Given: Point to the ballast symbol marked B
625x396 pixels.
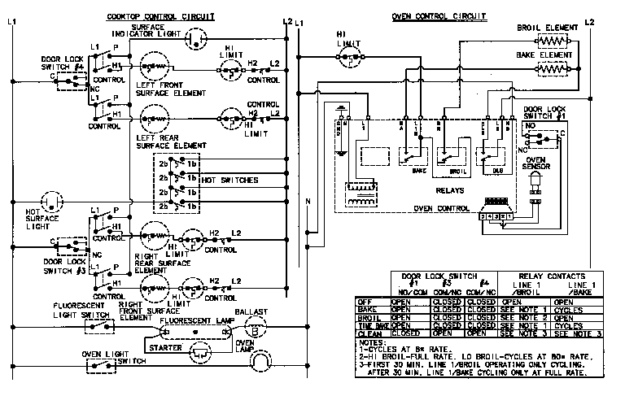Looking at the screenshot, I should point(254,331).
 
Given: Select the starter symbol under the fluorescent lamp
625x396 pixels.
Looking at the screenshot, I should point(199,352).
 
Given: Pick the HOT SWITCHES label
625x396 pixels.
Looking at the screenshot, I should point(229,179).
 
